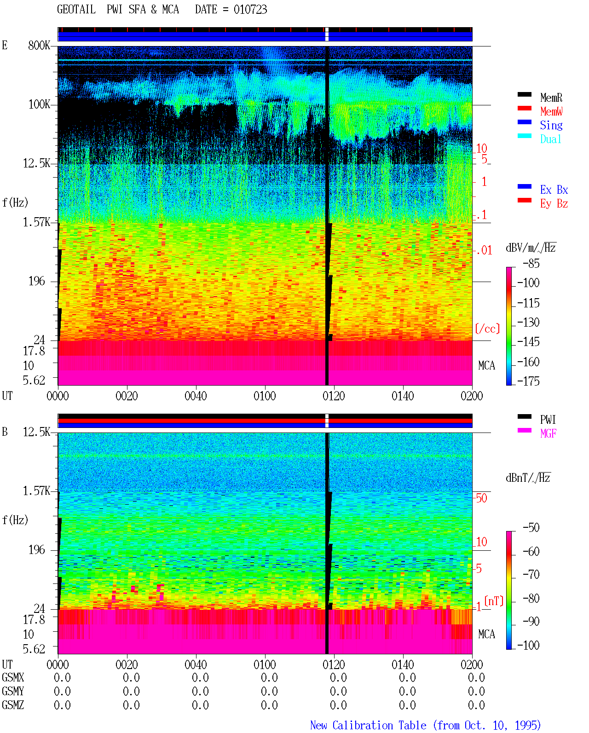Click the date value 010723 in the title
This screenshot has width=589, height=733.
tap(250, 9)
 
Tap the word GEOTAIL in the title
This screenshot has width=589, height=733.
tap(76, 9)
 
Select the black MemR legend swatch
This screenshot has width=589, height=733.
tap(524, 94)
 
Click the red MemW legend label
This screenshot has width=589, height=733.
tap(551, 111)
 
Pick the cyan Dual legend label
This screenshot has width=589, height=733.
tap(551, 139)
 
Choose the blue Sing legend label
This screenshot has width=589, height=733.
tap(551, 125)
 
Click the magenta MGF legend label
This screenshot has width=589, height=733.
tap(548, 433)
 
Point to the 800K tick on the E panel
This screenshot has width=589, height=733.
tap(39, 45)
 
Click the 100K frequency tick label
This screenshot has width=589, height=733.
tap(39, 104)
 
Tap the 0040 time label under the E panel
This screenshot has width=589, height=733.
tap(196, 396)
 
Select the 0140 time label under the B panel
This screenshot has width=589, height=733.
tap(403, 664)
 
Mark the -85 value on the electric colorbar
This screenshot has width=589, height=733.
tap(531, 263)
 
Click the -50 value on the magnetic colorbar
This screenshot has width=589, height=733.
tap(531, 527)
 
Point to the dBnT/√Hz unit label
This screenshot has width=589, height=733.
tap(528, 478)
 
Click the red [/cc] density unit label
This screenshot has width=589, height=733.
tap(487, 329)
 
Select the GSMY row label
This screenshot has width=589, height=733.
tap(13, 691)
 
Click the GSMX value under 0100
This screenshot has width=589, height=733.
tap(269, 677)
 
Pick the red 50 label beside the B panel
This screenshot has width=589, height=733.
tap(481, 498)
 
